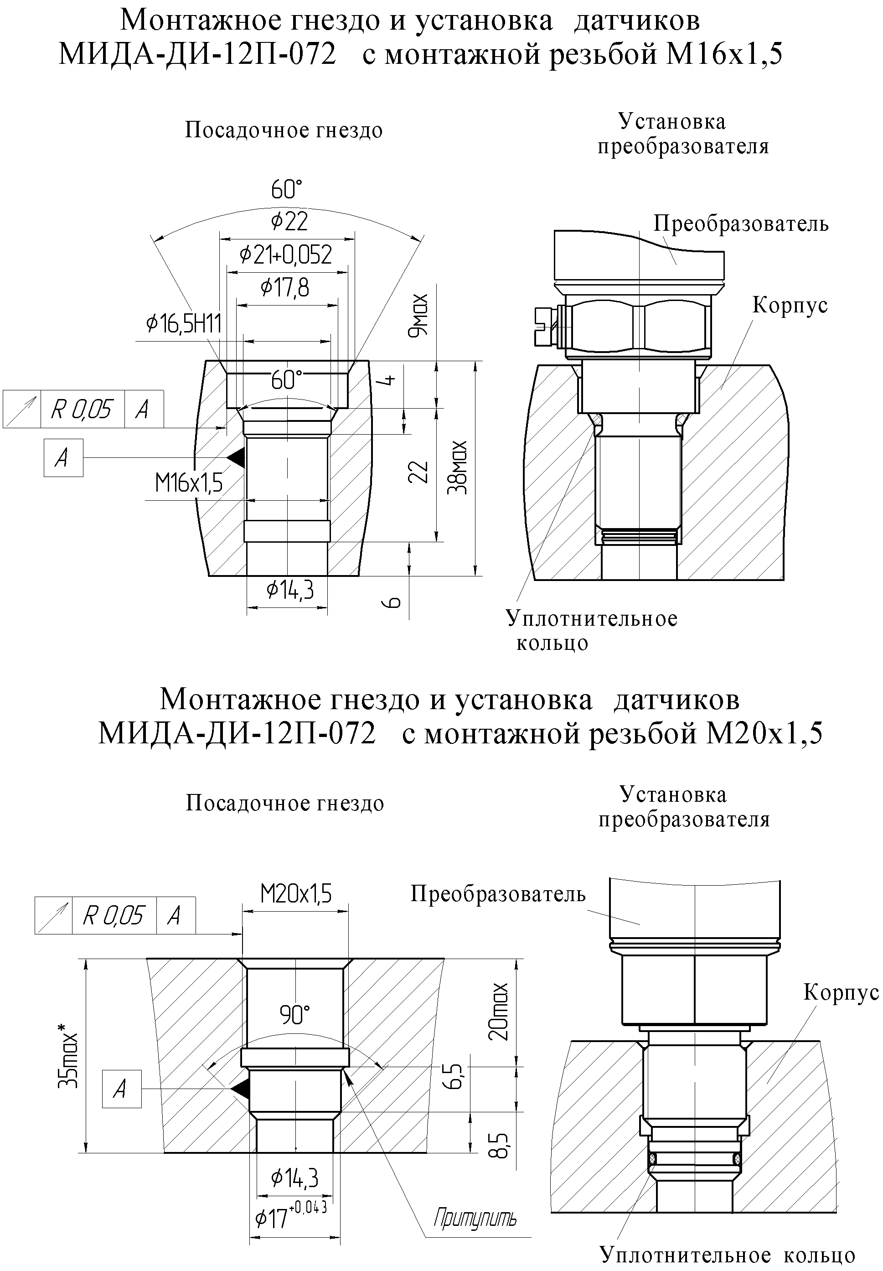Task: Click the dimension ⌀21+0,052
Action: point(285,254)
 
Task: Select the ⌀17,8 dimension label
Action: point(285,288)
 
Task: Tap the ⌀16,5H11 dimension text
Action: point(184,323)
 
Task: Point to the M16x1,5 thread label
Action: point(189,483)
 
